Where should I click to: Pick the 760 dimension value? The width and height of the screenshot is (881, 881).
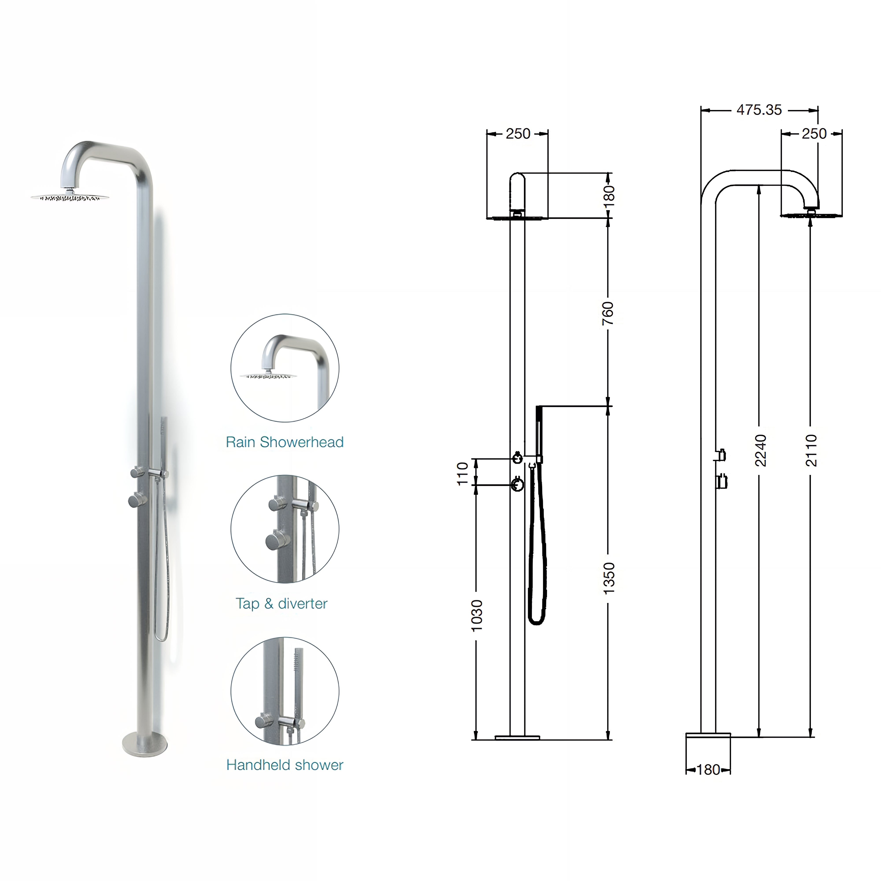coord(608,313)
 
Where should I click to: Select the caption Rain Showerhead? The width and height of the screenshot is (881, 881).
coord(285,442)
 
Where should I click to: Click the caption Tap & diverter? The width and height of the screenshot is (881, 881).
coord(281,603)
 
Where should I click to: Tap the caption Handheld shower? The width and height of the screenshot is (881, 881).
coord(285,765)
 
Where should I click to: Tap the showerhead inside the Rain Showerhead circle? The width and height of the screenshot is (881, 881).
coord(268,376)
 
